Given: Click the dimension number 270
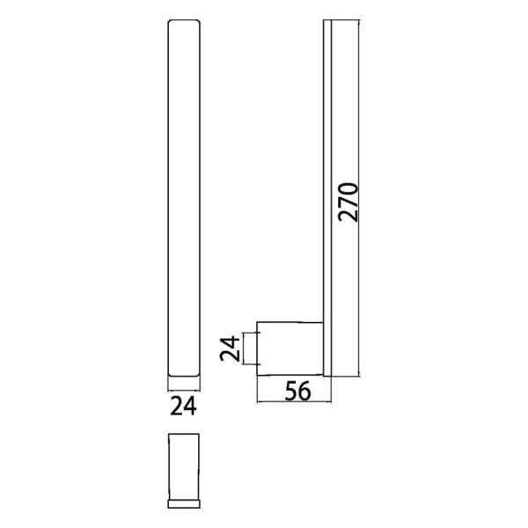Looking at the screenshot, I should coord(348,202).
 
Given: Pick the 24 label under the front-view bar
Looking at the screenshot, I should coord(182,406).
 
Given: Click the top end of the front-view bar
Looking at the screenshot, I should coord(182,24).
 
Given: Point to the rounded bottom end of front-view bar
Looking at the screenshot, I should coord(182,374).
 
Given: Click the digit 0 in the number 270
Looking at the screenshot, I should coord(348,187).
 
